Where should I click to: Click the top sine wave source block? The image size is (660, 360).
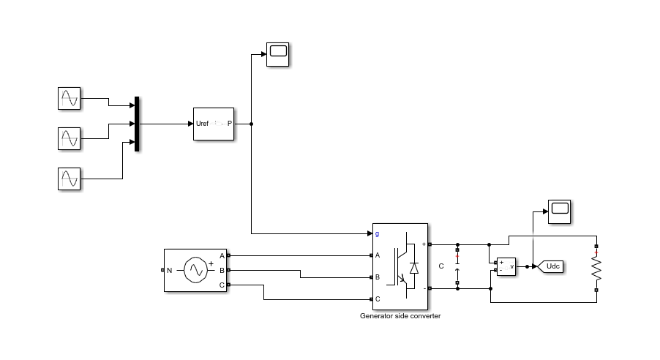pos(69,98)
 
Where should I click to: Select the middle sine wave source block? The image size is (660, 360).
pos(69,138)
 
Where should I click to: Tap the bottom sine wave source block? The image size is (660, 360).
pos(69,179)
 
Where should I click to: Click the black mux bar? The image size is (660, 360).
pos(137,124)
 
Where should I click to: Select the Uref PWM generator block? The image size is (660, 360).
pos(214,124)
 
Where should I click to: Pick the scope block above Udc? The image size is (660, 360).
pos(559,211)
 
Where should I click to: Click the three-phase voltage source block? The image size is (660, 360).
pos(195,270)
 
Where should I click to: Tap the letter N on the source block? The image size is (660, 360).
pos(169,270)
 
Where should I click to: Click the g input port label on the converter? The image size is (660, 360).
pos(377,233)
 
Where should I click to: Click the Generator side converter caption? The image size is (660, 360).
pos(400,316)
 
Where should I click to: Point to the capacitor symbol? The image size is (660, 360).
pos(457,266)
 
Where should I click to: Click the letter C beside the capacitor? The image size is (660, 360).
pos(441,266)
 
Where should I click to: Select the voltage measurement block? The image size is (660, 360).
pos(506,266)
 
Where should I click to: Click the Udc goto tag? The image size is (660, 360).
pos(551,266)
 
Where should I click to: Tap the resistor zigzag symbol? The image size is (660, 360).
pos(596,268)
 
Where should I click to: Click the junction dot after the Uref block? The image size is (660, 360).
pos(252,124)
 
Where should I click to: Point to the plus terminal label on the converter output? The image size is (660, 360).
pos(424,244)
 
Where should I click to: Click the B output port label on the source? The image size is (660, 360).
pos(222,270)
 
